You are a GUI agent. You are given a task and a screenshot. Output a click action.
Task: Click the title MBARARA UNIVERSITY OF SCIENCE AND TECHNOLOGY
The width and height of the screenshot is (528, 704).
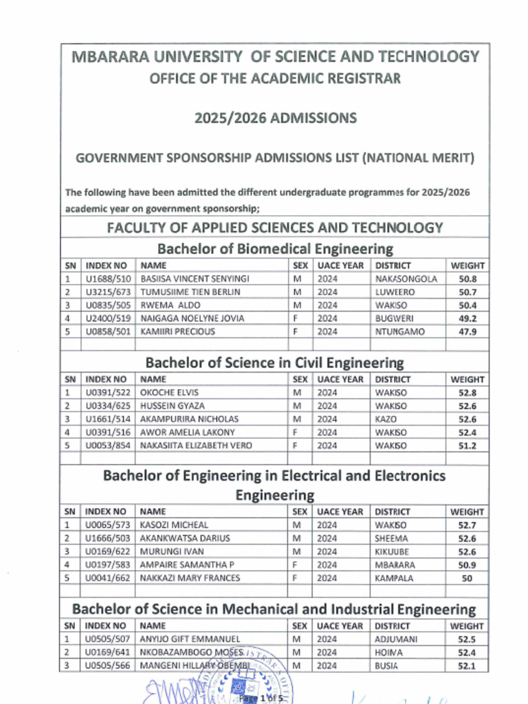coord(275,57)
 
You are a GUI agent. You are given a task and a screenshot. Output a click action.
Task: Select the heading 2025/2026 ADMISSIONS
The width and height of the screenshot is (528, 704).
coord(275,118)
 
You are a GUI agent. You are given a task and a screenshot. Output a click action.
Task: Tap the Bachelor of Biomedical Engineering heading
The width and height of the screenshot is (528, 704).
coord(275,248)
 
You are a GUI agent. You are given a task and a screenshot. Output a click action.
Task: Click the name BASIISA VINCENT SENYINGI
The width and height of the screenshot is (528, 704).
coord(195,279)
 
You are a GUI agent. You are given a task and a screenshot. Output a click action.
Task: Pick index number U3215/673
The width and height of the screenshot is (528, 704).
coord(107,292)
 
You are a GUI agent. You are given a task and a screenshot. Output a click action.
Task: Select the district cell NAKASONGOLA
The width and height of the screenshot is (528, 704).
coord(406,279)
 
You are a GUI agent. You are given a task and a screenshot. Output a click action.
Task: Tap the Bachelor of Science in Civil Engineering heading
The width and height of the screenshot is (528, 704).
coord(275,362)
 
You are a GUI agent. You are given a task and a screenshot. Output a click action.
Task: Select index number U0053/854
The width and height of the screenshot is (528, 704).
coord(107,445)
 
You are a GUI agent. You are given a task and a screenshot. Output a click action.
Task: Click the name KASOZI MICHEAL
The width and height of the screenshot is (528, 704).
coord(174,525)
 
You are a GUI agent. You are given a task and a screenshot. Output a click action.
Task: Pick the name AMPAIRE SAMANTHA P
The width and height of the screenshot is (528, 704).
coord(187,564)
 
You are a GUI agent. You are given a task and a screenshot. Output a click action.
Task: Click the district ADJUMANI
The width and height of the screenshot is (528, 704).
coord(396,639)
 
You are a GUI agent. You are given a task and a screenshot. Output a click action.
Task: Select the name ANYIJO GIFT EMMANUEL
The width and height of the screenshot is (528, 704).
coord(190,639)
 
